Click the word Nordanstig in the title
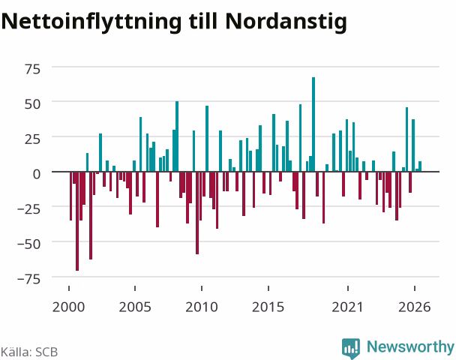tap(286, 22)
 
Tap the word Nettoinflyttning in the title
tap(91, 22)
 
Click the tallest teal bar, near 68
tap(313, 124)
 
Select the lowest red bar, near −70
tap(77, 221)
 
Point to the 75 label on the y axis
tap(32, 70)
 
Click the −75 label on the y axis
tap(28, 279)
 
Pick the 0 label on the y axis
tap(37, 174)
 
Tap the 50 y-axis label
tap(32, 104)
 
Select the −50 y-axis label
tap(28, 244)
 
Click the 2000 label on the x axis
tap(69, 307)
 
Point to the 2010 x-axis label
tap(202, 307)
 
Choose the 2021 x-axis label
tap(348, 307)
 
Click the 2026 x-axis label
tap(415, 307)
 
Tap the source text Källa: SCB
tap(29, 352)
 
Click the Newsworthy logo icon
tap(351, 348)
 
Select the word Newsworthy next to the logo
tap(411, 346)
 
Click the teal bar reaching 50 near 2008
tap(177, 136)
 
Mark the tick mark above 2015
tap(268, 288)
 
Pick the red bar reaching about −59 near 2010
tap(197, 213)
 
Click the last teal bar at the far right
tap(420, 166)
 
